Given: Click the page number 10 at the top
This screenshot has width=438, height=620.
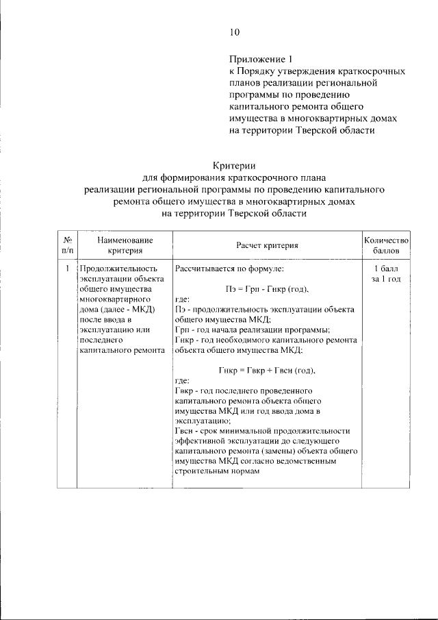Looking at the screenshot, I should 235,32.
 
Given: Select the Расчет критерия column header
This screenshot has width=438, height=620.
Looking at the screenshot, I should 267,245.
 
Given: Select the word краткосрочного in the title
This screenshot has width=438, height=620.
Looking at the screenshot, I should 235,179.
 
